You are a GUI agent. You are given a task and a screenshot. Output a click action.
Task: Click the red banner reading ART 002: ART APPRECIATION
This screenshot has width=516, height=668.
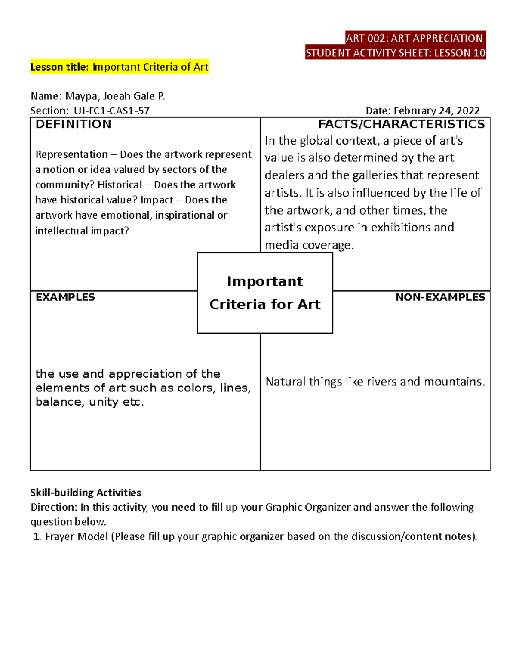pyautogui.click(x=415, y=38)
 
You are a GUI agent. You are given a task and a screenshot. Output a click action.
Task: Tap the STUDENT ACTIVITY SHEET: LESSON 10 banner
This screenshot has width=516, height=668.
pyautogui.click(x=395, y=53)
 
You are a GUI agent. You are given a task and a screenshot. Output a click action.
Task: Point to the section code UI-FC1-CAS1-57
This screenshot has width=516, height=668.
pyautogui.click(x=112, y=111)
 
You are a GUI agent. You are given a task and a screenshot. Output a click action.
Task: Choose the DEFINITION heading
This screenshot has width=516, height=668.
pyautogui.click(x=73, y=124)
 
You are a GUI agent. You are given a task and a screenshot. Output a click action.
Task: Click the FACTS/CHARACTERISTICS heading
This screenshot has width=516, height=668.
pyautogui.click(x=401, y=124)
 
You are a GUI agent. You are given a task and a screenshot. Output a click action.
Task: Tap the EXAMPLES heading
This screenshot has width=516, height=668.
pyautogui.click(x=65, y=297)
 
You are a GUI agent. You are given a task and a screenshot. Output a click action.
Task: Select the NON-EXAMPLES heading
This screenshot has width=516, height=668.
pyautogui.click(x=440, y=297)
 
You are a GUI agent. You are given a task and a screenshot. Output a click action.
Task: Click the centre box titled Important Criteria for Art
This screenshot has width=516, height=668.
pyautogui.click(x=265, y=293)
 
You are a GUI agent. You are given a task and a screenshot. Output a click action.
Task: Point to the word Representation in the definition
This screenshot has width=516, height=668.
pyautogui.click(x=72, y=154)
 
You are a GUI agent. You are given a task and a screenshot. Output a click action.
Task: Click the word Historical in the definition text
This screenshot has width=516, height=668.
pyautogui.click(x=120, y=185)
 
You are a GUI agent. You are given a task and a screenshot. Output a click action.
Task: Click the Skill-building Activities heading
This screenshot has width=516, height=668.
pyautogui.click(x=86, y=493)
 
